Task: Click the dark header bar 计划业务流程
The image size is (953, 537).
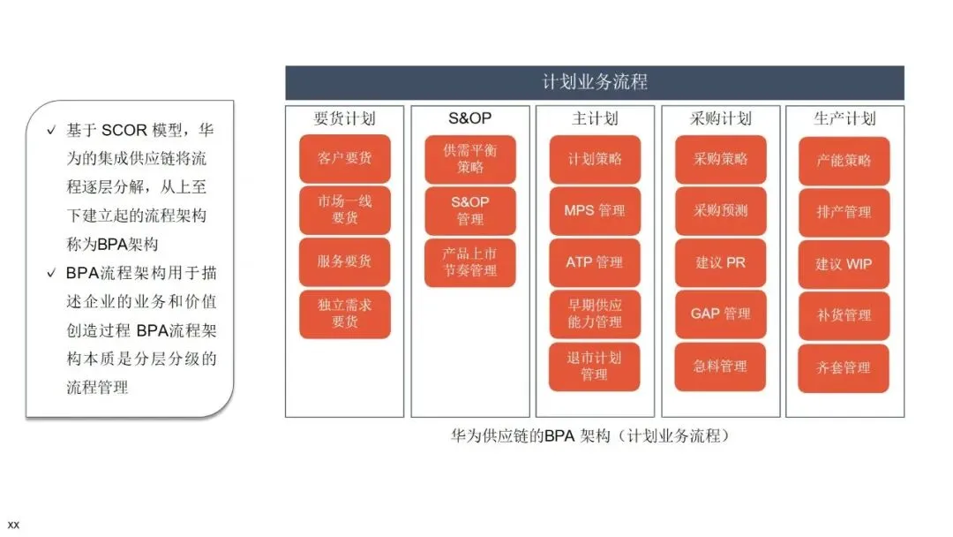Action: coord(594,83)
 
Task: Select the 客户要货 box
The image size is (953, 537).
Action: coord(344,159)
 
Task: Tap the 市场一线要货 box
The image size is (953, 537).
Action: coord(344,209)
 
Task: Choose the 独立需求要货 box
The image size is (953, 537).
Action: coord(344,314)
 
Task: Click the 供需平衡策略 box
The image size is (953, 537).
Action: coord(469,159)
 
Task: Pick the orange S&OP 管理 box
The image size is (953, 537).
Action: coord(469,210)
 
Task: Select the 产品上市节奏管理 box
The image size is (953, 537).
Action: coord(469,262)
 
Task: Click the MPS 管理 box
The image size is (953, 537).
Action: coord(594,210)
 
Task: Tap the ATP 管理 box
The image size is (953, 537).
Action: coord(594,262)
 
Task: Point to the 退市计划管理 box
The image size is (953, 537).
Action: coord(594,366)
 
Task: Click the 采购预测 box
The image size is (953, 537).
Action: coord(720,210)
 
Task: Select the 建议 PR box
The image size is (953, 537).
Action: coord(720,262)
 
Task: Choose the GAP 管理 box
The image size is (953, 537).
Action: coord(720,314)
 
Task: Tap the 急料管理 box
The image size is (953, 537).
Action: coord(720,366)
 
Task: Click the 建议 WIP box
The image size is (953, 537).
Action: coord(844,264)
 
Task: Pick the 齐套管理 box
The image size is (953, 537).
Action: coord(844,367)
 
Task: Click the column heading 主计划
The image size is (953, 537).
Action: coord(594,118)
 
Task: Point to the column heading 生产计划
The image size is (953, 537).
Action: coord(844,118)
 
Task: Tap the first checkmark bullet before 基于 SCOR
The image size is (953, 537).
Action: coord(51,131)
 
